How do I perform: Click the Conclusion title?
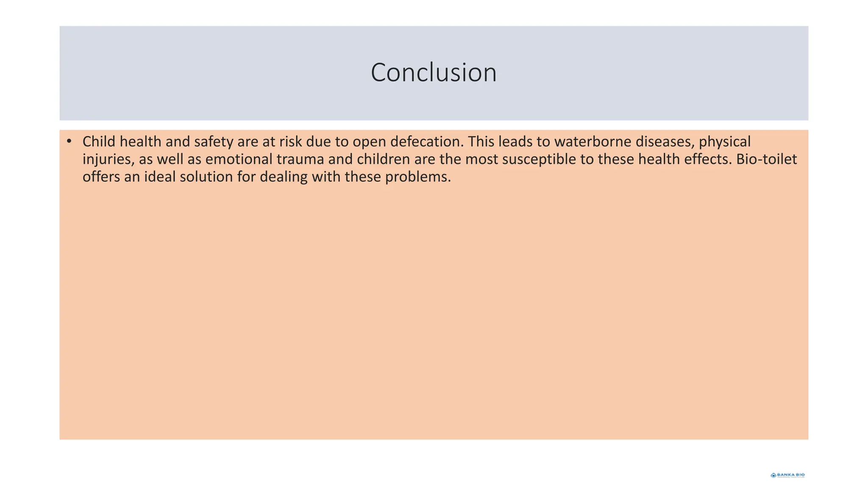434,72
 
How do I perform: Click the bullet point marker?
69,141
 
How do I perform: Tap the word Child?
99,141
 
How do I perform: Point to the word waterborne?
593,141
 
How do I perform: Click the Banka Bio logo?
787,475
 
